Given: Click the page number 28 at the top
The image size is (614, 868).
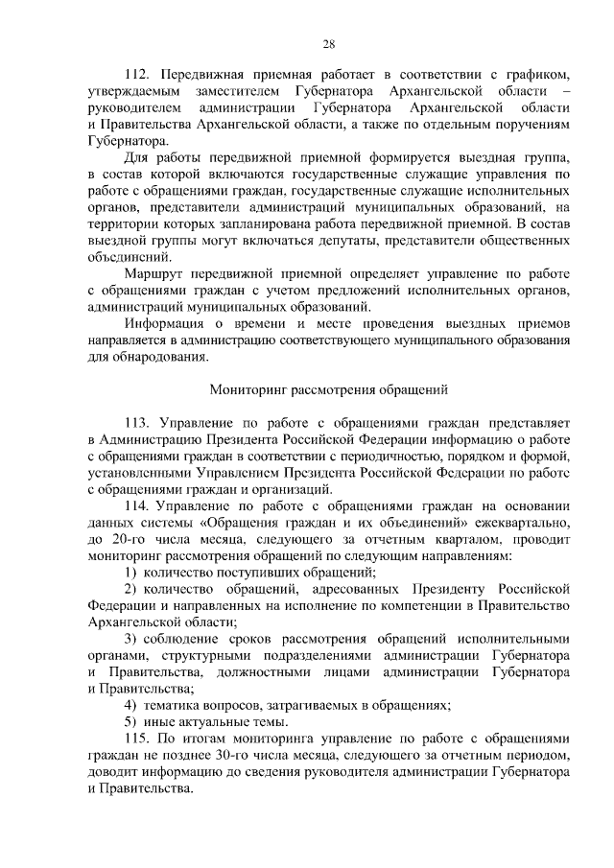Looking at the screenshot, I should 328,44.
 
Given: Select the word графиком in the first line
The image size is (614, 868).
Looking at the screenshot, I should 540,74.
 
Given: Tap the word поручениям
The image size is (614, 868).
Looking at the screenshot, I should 534,124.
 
